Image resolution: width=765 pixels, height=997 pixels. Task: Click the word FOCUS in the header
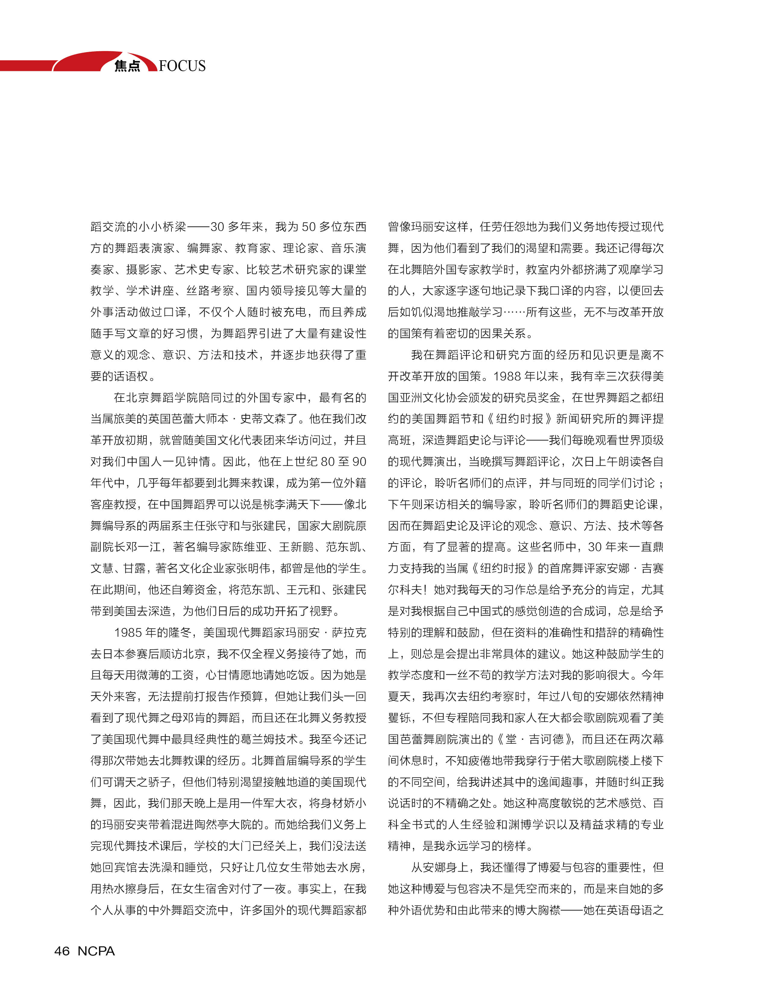(x=182, y=66)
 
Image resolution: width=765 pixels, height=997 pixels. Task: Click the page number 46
(x=62, y=951)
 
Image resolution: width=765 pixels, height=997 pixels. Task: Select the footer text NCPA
(x=96, y=951)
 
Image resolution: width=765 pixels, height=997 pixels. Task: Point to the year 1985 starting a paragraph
(x=128, y=633)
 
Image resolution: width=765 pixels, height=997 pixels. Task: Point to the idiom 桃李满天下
(x=291, y=504)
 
